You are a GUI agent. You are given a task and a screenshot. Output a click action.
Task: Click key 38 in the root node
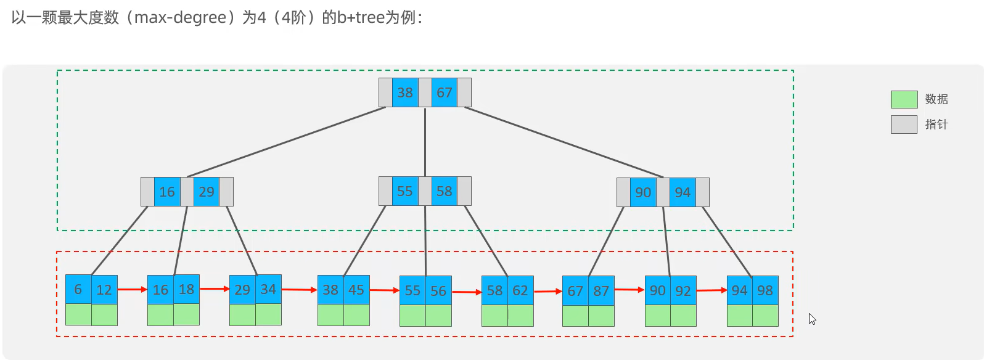405,92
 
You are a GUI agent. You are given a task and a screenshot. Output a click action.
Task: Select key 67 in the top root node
444,92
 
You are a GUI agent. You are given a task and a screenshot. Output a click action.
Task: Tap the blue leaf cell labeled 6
78,289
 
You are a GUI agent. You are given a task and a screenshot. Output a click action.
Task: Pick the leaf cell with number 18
186,289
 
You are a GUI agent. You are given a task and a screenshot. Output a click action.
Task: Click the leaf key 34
268,289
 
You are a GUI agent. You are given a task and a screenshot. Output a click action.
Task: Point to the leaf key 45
356,290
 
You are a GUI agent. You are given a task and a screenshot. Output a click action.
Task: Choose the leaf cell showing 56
438,290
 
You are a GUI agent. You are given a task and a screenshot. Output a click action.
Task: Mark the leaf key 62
520,290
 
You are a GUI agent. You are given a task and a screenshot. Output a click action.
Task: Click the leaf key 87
601,290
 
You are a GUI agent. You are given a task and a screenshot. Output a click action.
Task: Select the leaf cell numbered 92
683,290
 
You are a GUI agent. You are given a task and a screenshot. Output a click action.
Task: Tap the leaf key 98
765,290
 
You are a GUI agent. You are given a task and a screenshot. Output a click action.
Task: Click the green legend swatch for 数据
904,99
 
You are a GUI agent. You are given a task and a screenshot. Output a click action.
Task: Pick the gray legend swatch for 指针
904,125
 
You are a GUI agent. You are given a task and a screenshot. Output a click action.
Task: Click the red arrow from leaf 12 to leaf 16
132,289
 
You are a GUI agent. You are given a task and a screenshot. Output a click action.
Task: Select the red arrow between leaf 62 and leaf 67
548,291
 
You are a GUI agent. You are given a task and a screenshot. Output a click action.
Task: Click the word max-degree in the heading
180,17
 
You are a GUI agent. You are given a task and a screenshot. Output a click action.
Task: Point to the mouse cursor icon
812,319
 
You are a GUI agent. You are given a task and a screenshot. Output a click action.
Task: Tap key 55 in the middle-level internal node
405,192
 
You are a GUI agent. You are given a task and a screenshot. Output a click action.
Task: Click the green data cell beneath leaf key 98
765,316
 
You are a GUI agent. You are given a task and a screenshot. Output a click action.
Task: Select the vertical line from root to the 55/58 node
425,142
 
